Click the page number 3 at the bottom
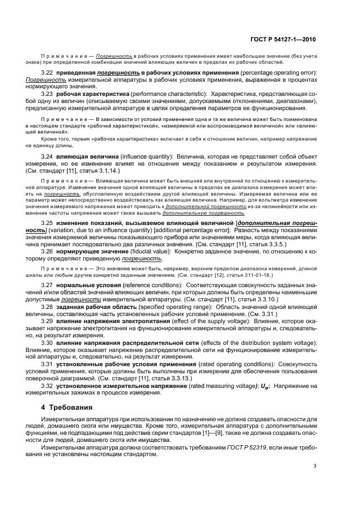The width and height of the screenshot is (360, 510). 315,466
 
